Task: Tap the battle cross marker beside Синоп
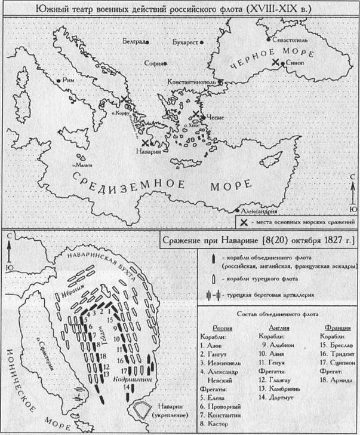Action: pyautogui.click(x=275, y=62)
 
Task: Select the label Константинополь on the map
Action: pyautogui.click(x=189, y=80)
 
